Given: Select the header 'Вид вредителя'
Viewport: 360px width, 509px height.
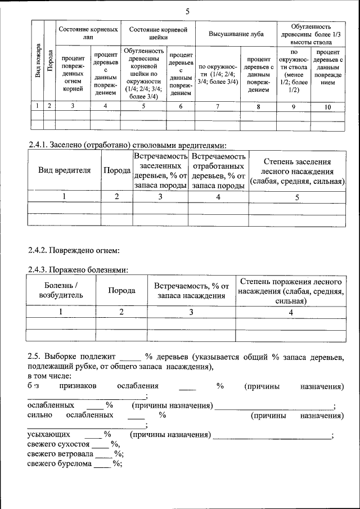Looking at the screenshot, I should tap(64, 170).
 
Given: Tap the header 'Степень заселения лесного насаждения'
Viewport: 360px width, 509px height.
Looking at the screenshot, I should tap(298, 170).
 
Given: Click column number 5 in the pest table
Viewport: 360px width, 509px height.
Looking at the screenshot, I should tap(297, 196).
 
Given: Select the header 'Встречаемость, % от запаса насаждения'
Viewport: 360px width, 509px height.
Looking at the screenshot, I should tap(191, 290).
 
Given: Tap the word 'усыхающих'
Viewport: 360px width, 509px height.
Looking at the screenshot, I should tap(49, 435).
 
